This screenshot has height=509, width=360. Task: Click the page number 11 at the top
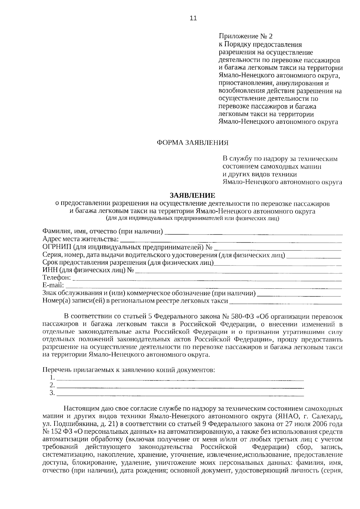tap(193, 18)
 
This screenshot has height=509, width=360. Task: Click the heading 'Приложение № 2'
tap(246, 37)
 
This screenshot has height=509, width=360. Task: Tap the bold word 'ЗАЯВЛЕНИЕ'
tap(192, 196)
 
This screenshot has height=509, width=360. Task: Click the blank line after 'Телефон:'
tap(207, 280)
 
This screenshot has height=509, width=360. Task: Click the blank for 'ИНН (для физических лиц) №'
tap(238, 272)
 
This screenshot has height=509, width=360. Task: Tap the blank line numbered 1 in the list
tap(180, 379)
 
